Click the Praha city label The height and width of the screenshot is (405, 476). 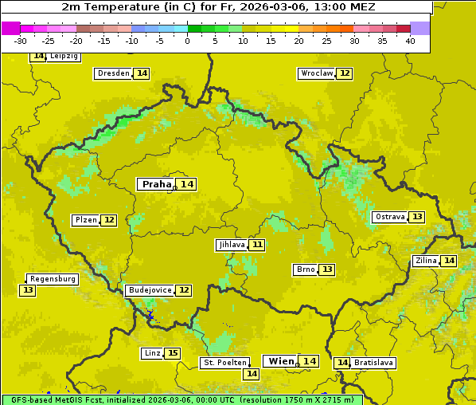coord(156,184)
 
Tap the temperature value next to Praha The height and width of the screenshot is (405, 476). coord(187,184)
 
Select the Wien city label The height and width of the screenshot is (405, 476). coord(281,361)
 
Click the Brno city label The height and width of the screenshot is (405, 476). coord(305,269)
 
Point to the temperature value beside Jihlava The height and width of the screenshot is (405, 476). coord(256,245)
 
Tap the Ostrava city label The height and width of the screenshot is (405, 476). coord(390,217)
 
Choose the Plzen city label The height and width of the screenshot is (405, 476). coord(85,220)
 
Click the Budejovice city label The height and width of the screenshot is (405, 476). coord(149,290)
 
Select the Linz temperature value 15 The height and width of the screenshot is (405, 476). coord(173,353)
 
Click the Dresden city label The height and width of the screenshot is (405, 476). coord(113,73)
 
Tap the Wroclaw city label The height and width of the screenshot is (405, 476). coord(316,73)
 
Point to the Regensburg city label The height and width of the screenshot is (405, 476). coord(53,279)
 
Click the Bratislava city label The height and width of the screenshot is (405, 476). coord(373,363)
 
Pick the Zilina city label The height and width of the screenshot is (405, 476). coord(426,261)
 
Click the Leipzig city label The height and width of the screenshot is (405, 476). coord(64,57)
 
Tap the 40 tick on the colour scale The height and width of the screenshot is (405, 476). coord(410,41)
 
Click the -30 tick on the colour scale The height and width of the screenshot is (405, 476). coord(21,41)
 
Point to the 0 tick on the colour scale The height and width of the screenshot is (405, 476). coord(187,41)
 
